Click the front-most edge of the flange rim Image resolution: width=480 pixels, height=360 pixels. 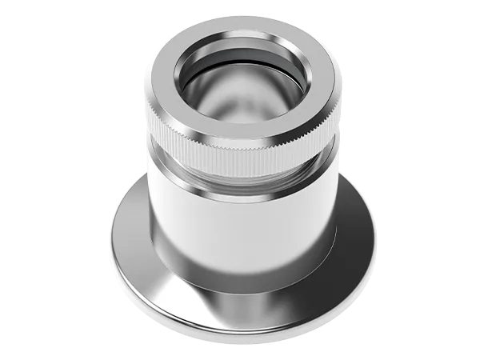tap(240, 332)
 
